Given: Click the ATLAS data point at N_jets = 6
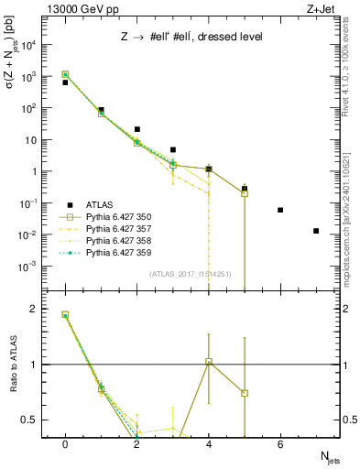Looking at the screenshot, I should (280, 210).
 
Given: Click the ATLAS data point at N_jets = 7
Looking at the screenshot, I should (316, 231).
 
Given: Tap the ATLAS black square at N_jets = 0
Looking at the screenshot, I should (65, 82).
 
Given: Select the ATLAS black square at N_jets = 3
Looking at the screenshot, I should (173, 149).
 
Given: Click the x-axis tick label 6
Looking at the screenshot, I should (280, 443).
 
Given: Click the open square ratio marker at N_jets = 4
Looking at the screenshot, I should (209, 362).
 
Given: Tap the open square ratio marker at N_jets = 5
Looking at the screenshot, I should (245, 393).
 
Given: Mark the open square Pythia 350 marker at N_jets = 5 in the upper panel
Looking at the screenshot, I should (245, 193).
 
